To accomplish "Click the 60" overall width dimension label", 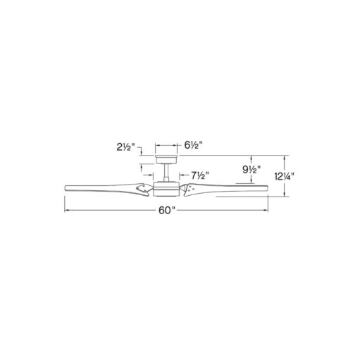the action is pos(167,211).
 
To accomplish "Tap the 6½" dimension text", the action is pos(193,146).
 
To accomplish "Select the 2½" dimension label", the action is pos(125,147).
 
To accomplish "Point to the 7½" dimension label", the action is pos(199,175).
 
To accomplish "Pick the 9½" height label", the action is pos(252,169).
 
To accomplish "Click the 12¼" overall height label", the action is pos(284,176).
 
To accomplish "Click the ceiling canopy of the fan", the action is pos(166,159).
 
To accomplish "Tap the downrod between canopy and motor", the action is pos(166,173).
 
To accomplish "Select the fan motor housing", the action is pos(166,189).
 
